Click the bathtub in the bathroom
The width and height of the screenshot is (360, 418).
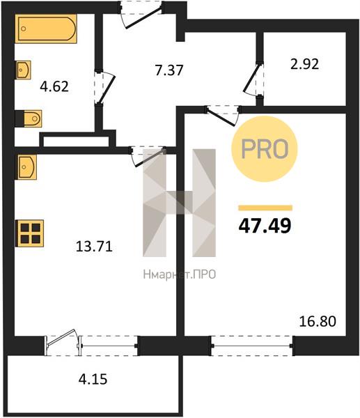(x=46, y=29)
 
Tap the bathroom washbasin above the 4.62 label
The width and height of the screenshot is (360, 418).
(x=24, y=70)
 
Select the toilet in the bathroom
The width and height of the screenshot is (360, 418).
(x=29, y=118)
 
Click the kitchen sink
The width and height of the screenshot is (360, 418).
(x=26, y=167)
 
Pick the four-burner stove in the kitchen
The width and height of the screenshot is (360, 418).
(x=29, y=233)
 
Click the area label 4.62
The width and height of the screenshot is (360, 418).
(x=54, y=86)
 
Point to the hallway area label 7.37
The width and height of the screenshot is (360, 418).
(x=169, y=70)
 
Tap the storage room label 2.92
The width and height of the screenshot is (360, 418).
(x=304, y=64)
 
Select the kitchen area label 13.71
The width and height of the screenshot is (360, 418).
(x=94, y=247)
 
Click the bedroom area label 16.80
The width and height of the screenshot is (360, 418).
(x=318, y=321)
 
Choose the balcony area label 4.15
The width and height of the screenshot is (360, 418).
(x=93, y=379)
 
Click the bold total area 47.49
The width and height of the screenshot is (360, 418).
(x=265, y=226)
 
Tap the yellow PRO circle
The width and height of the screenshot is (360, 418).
(x=265, y=149)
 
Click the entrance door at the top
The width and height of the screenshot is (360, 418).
(x=141, y=15)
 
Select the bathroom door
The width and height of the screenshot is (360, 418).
(x=104, y=87)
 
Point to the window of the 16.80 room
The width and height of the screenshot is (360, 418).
(x=252, y=346)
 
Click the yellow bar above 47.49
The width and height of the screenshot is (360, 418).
(x=265, y=208)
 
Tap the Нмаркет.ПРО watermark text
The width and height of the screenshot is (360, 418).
(x=180, y=274)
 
